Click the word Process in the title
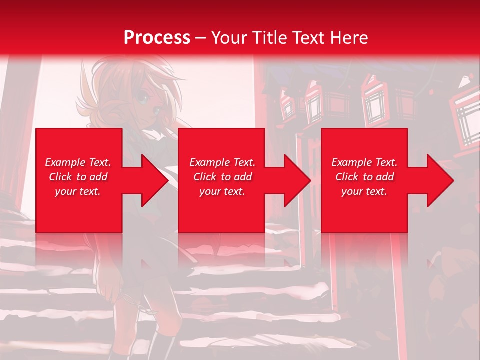[x=157, y=38]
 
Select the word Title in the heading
[x=271, y=38]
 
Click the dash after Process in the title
[x=201, y=38]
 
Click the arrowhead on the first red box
[x=152, y=180]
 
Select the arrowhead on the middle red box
[x=295, y=180]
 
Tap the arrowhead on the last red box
[x=438, y=180]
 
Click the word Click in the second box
[x=205, y=177]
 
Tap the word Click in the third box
[x=347, y=177]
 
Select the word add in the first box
[x=99, y=177]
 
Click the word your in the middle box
[x=210, y=191]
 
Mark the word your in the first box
[x=65, y=191]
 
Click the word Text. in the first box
[x=99, y=162]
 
